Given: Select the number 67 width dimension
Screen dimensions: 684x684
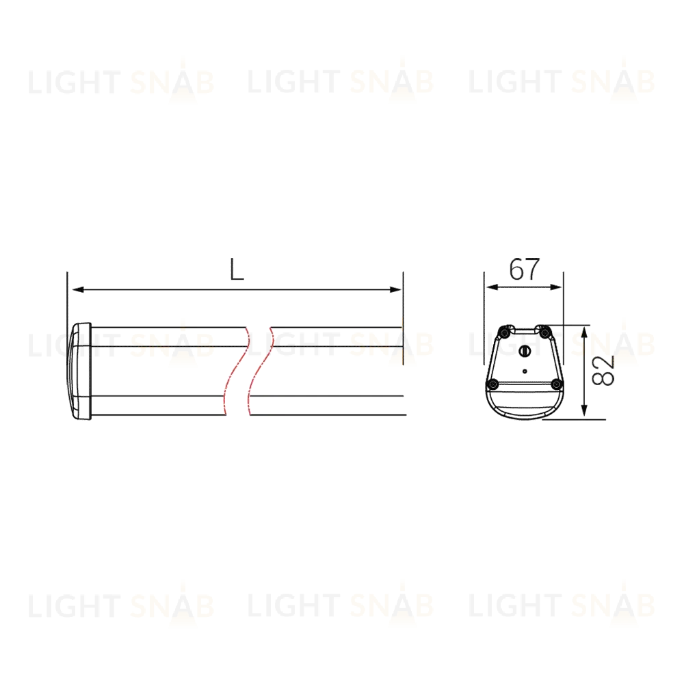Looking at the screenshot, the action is coord(525,269).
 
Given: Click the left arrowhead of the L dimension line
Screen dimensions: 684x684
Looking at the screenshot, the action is coord(78,289).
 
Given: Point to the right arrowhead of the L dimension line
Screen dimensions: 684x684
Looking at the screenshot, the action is coord(395,289).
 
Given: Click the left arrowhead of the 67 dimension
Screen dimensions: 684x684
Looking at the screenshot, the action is coord(492,287).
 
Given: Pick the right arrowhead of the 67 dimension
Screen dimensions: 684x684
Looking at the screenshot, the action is coord(555,287).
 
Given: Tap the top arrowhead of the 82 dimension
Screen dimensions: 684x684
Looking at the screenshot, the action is coord(585,333).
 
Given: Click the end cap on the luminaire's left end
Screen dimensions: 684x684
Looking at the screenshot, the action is coord(79,371).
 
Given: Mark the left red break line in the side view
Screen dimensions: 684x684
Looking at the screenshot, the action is coord(235,371).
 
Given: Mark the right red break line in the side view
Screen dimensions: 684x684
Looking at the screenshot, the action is coord(261,371).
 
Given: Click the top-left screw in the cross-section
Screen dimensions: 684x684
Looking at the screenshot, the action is coord(505,333).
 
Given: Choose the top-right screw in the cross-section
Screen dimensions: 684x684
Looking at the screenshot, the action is coord(544,333).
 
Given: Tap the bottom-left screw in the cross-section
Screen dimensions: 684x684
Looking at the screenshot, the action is coord(493,384).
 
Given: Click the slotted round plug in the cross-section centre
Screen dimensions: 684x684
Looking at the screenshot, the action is coord(525,350).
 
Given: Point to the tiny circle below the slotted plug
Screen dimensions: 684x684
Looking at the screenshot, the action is coord(525,371).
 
